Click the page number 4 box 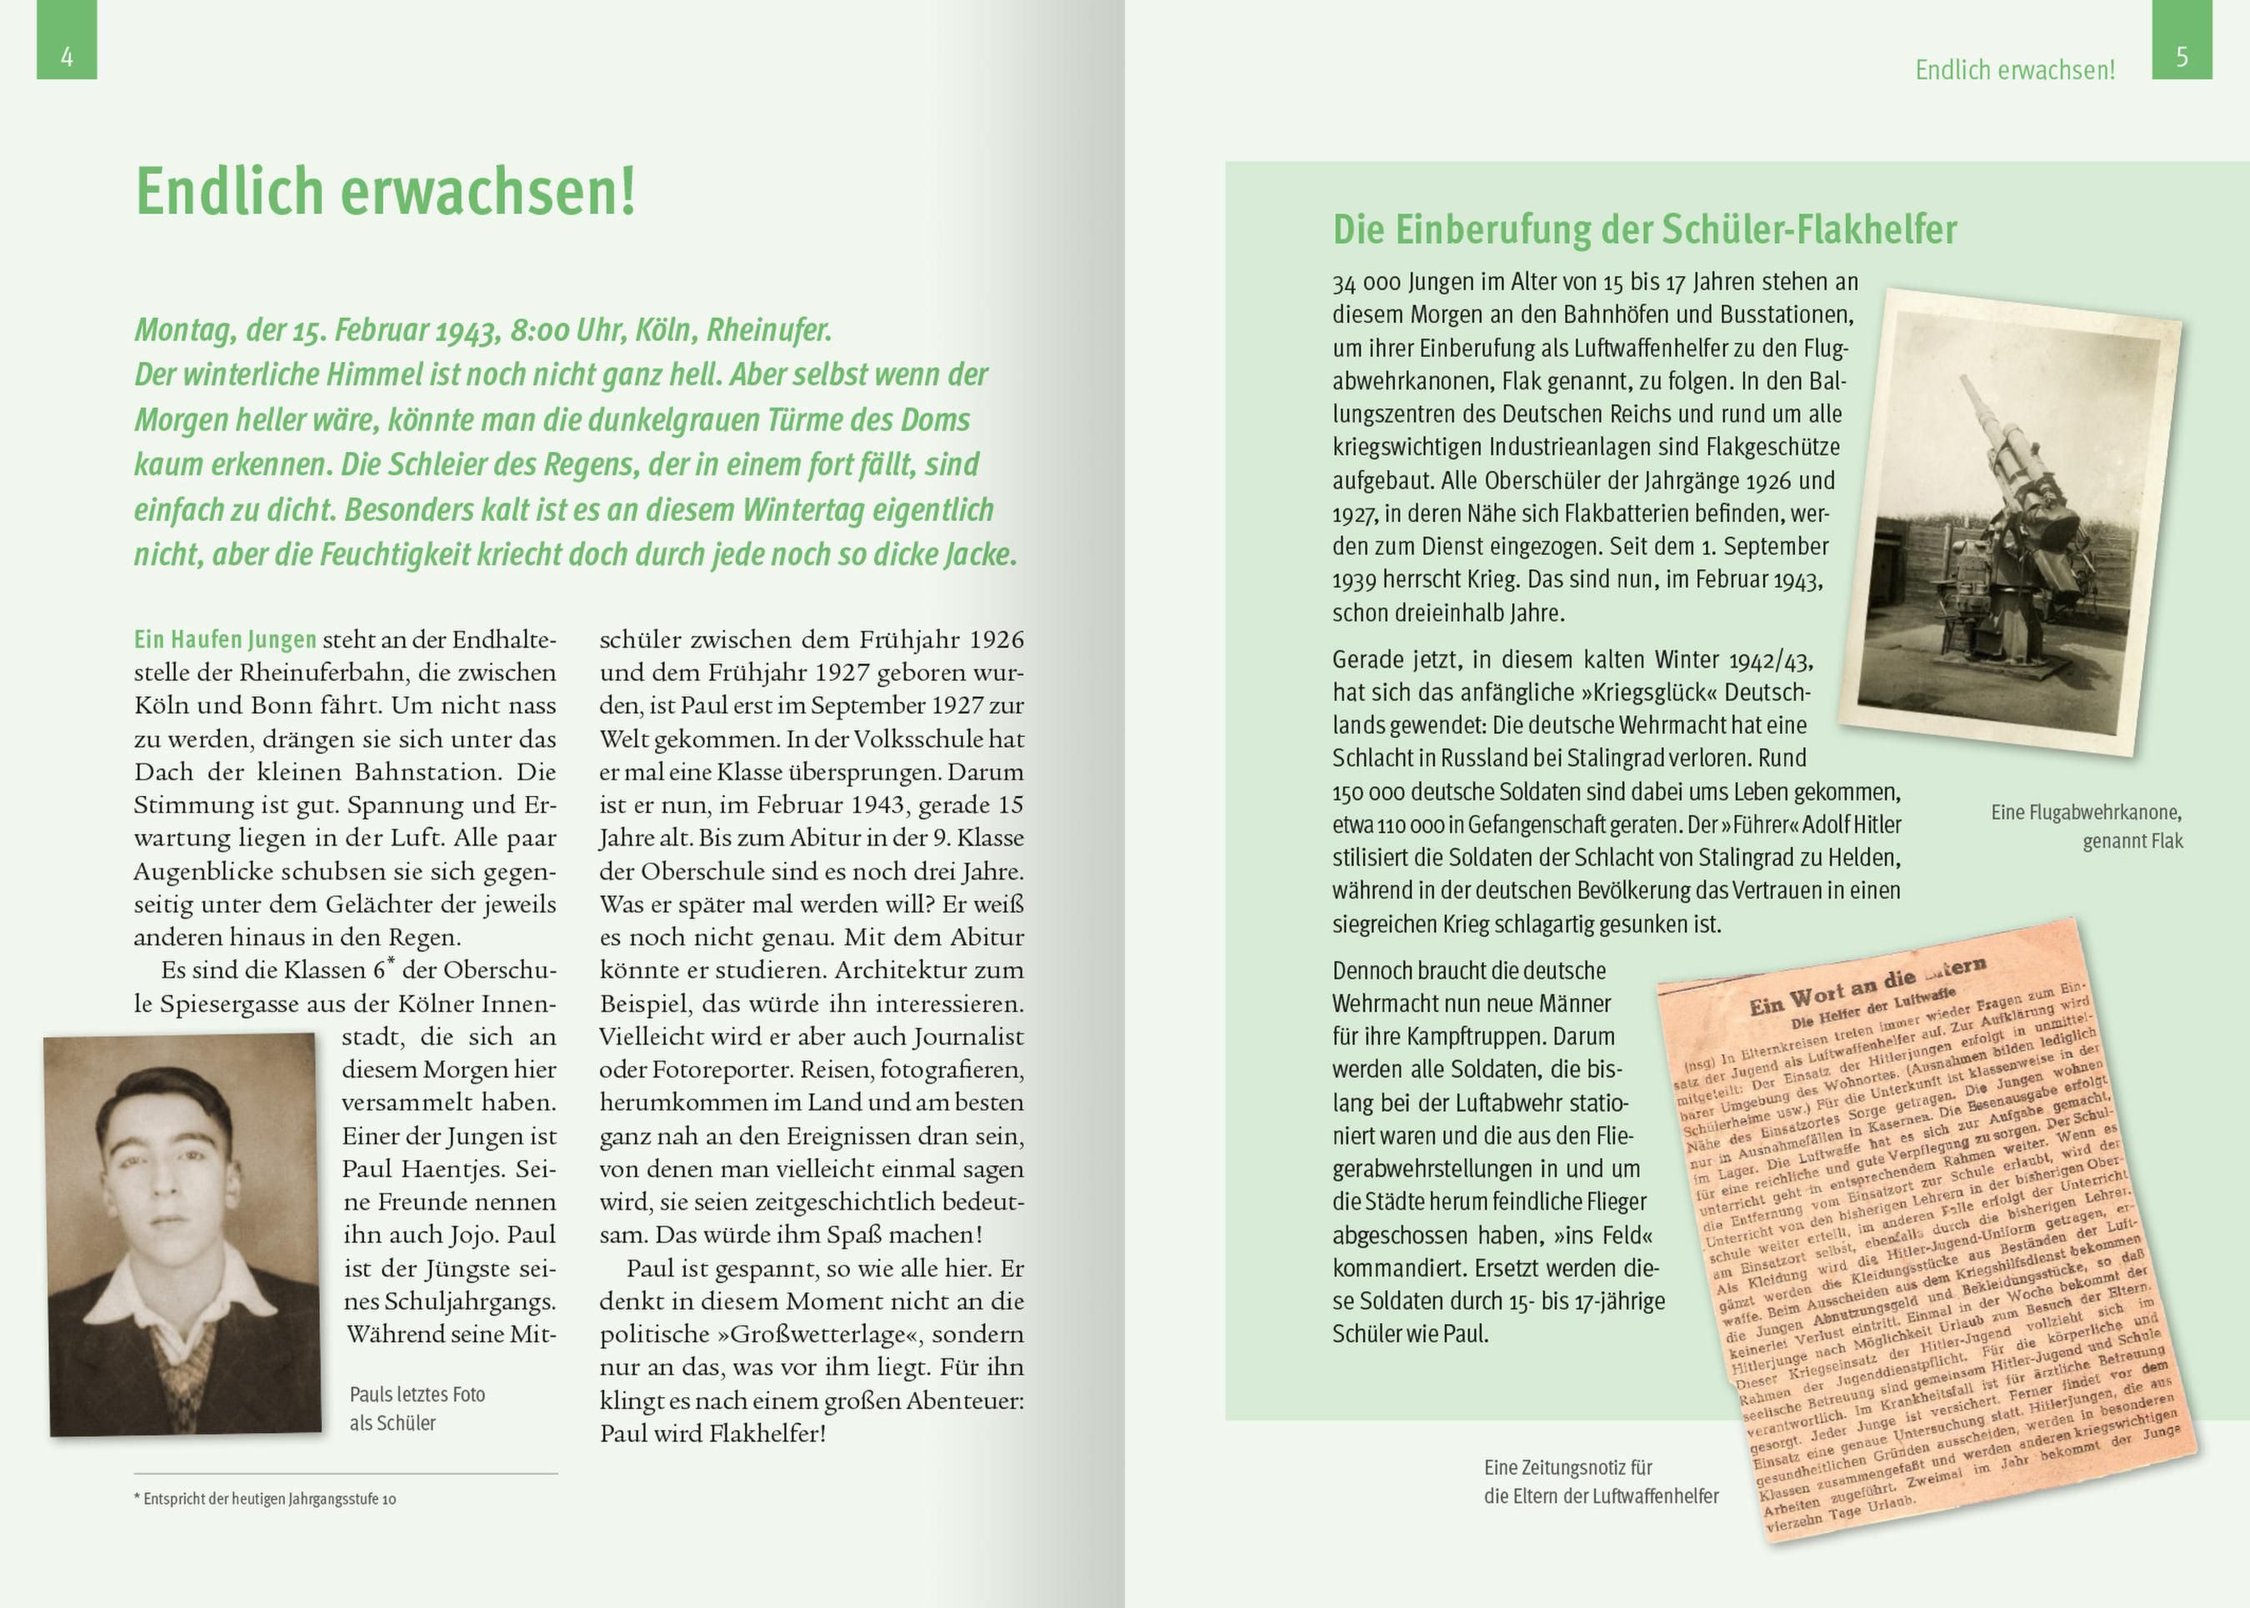point(67,42)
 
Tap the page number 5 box point(2182,42)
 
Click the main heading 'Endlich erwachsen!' point(385,191)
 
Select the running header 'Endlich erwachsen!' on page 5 point(2014,70)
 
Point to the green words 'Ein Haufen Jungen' point(226,639)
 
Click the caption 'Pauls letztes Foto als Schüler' point(416,1408)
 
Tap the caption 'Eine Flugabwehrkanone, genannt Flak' point(2087,827)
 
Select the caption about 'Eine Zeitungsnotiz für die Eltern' point(1601,1481)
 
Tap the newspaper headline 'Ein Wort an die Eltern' point(1866,986)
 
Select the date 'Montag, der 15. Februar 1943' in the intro point(317,330)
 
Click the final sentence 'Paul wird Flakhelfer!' point(712,1433)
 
